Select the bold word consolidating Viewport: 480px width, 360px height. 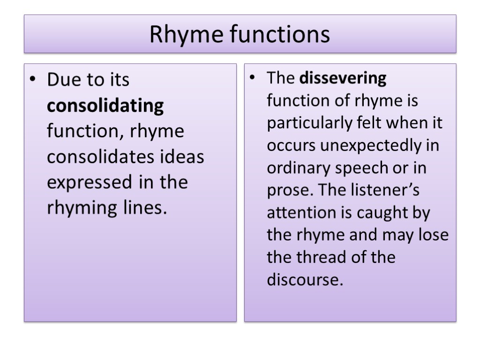click(x=105, y=106)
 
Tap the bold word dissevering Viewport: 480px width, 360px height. click(x=343, y=78)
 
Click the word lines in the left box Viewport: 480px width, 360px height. click(x=142, y=207)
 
